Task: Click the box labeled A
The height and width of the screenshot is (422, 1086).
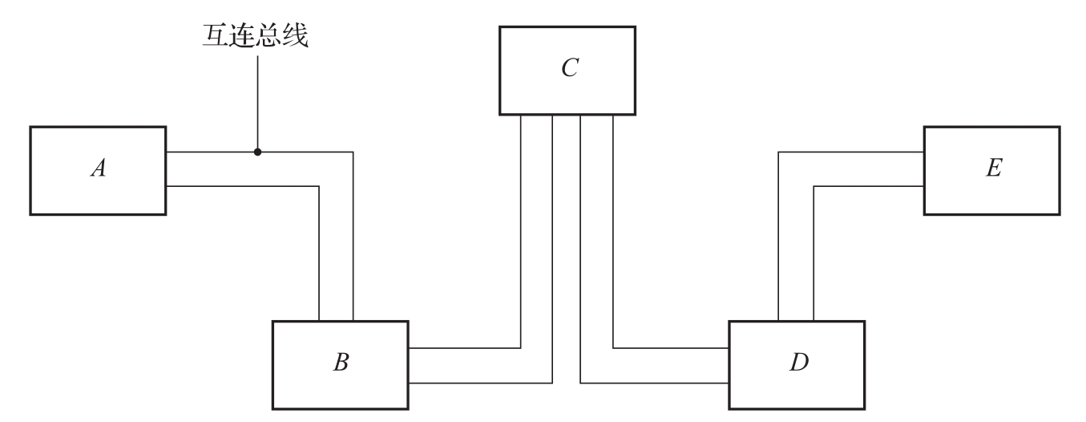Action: coord(98,170)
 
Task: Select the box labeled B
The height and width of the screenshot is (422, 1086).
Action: coord(340,365)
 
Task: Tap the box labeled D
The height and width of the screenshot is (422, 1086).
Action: coord(797,365)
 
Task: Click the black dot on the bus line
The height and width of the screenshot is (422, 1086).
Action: coord(257,152)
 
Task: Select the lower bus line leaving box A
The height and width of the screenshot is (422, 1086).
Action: coord(240,186)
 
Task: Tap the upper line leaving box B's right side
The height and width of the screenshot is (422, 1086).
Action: coord(465,348)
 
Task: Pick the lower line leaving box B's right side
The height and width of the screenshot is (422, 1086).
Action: coord(481,382)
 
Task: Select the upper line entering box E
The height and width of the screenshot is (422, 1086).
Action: coord(850,152)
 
